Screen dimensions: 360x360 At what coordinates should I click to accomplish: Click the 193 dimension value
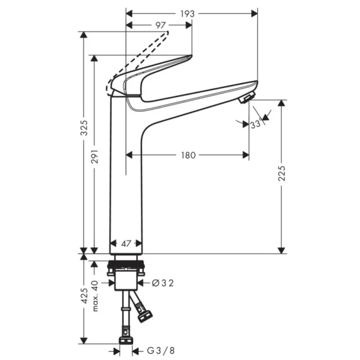pos(187,14)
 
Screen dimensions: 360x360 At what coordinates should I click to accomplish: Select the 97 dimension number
pos(160,25)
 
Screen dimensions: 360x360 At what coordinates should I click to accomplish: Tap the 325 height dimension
pos(84,128)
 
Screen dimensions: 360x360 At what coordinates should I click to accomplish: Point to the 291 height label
pos(95,156)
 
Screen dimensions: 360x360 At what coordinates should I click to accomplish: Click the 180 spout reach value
pos(188,155)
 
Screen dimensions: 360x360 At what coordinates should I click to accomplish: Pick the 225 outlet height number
pos(282,173)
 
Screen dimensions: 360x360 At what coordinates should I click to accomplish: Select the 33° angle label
pos(256,124)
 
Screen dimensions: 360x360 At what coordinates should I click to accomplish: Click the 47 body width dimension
pos(126,244)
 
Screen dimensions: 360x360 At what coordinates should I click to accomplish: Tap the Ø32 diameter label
pos(163,283)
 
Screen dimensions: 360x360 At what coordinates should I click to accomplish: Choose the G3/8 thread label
pos(160,351)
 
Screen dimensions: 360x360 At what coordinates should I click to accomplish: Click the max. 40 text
pos(95,296)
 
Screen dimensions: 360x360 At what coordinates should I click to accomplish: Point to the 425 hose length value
pos(84,296)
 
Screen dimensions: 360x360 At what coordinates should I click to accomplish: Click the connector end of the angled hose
pos(145,316)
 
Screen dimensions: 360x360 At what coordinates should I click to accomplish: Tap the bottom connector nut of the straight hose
pos(126,340)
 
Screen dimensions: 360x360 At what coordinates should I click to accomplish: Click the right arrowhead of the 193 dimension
pos(255,14)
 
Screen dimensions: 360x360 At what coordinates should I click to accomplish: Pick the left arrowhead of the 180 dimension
pos(129,155)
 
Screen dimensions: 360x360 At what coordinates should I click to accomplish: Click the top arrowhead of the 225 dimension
pos(281,103)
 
